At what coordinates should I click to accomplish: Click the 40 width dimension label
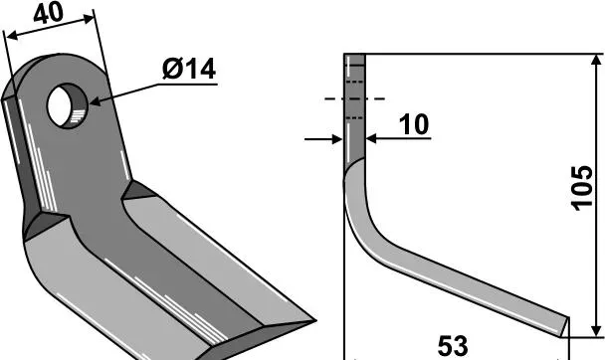[48, 14]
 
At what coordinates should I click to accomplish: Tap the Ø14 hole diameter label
[189, 70]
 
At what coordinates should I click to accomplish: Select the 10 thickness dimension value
[414, 124]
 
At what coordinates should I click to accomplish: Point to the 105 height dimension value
[581, 189]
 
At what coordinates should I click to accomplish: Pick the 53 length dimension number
[453, 346]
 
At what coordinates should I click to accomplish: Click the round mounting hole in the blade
[67, 105]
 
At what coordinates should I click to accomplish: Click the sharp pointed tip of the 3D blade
[314, 320]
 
